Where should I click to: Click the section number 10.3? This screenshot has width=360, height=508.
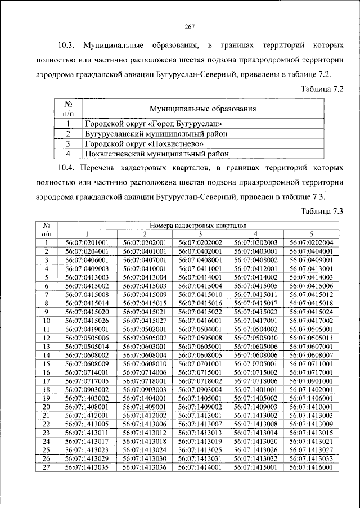69,44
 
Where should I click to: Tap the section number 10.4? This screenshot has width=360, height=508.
69,168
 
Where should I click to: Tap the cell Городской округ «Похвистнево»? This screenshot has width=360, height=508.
144,143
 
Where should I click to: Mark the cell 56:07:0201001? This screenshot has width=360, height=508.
87,242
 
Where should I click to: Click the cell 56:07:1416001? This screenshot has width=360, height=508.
311,467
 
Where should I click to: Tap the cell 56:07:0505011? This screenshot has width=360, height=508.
311,338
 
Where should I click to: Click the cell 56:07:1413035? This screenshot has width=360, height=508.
87,467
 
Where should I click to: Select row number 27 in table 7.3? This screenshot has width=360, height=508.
47,467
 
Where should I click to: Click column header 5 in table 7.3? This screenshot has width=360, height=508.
311,233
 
